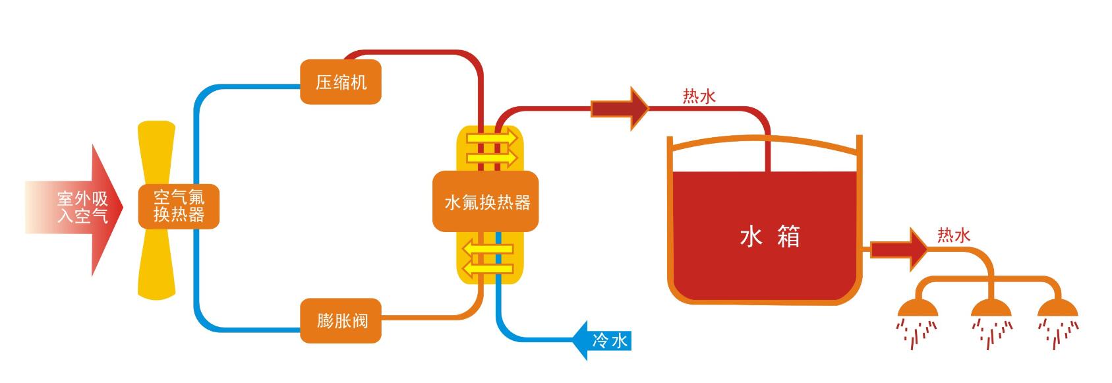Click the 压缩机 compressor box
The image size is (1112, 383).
(340, 82)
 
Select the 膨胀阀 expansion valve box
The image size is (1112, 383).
(340, 321)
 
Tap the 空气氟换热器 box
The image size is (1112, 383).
(178, 206)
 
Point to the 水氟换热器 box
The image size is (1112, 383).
(486, 202)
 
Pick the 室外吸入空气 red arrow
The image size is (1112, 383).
(79, 208)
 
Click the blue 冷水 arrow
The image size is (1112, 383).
(603, 341)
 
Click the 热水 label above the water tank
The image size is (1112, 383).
(699, 98)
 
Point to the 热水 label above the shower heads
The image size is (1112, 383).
(953, 235)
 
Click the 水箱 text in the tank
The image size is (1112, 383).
(769, 237)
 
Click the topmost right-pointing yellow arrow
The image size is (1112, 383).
(491, 138)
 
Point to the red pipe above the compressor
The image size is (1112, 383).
(409, 52)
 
